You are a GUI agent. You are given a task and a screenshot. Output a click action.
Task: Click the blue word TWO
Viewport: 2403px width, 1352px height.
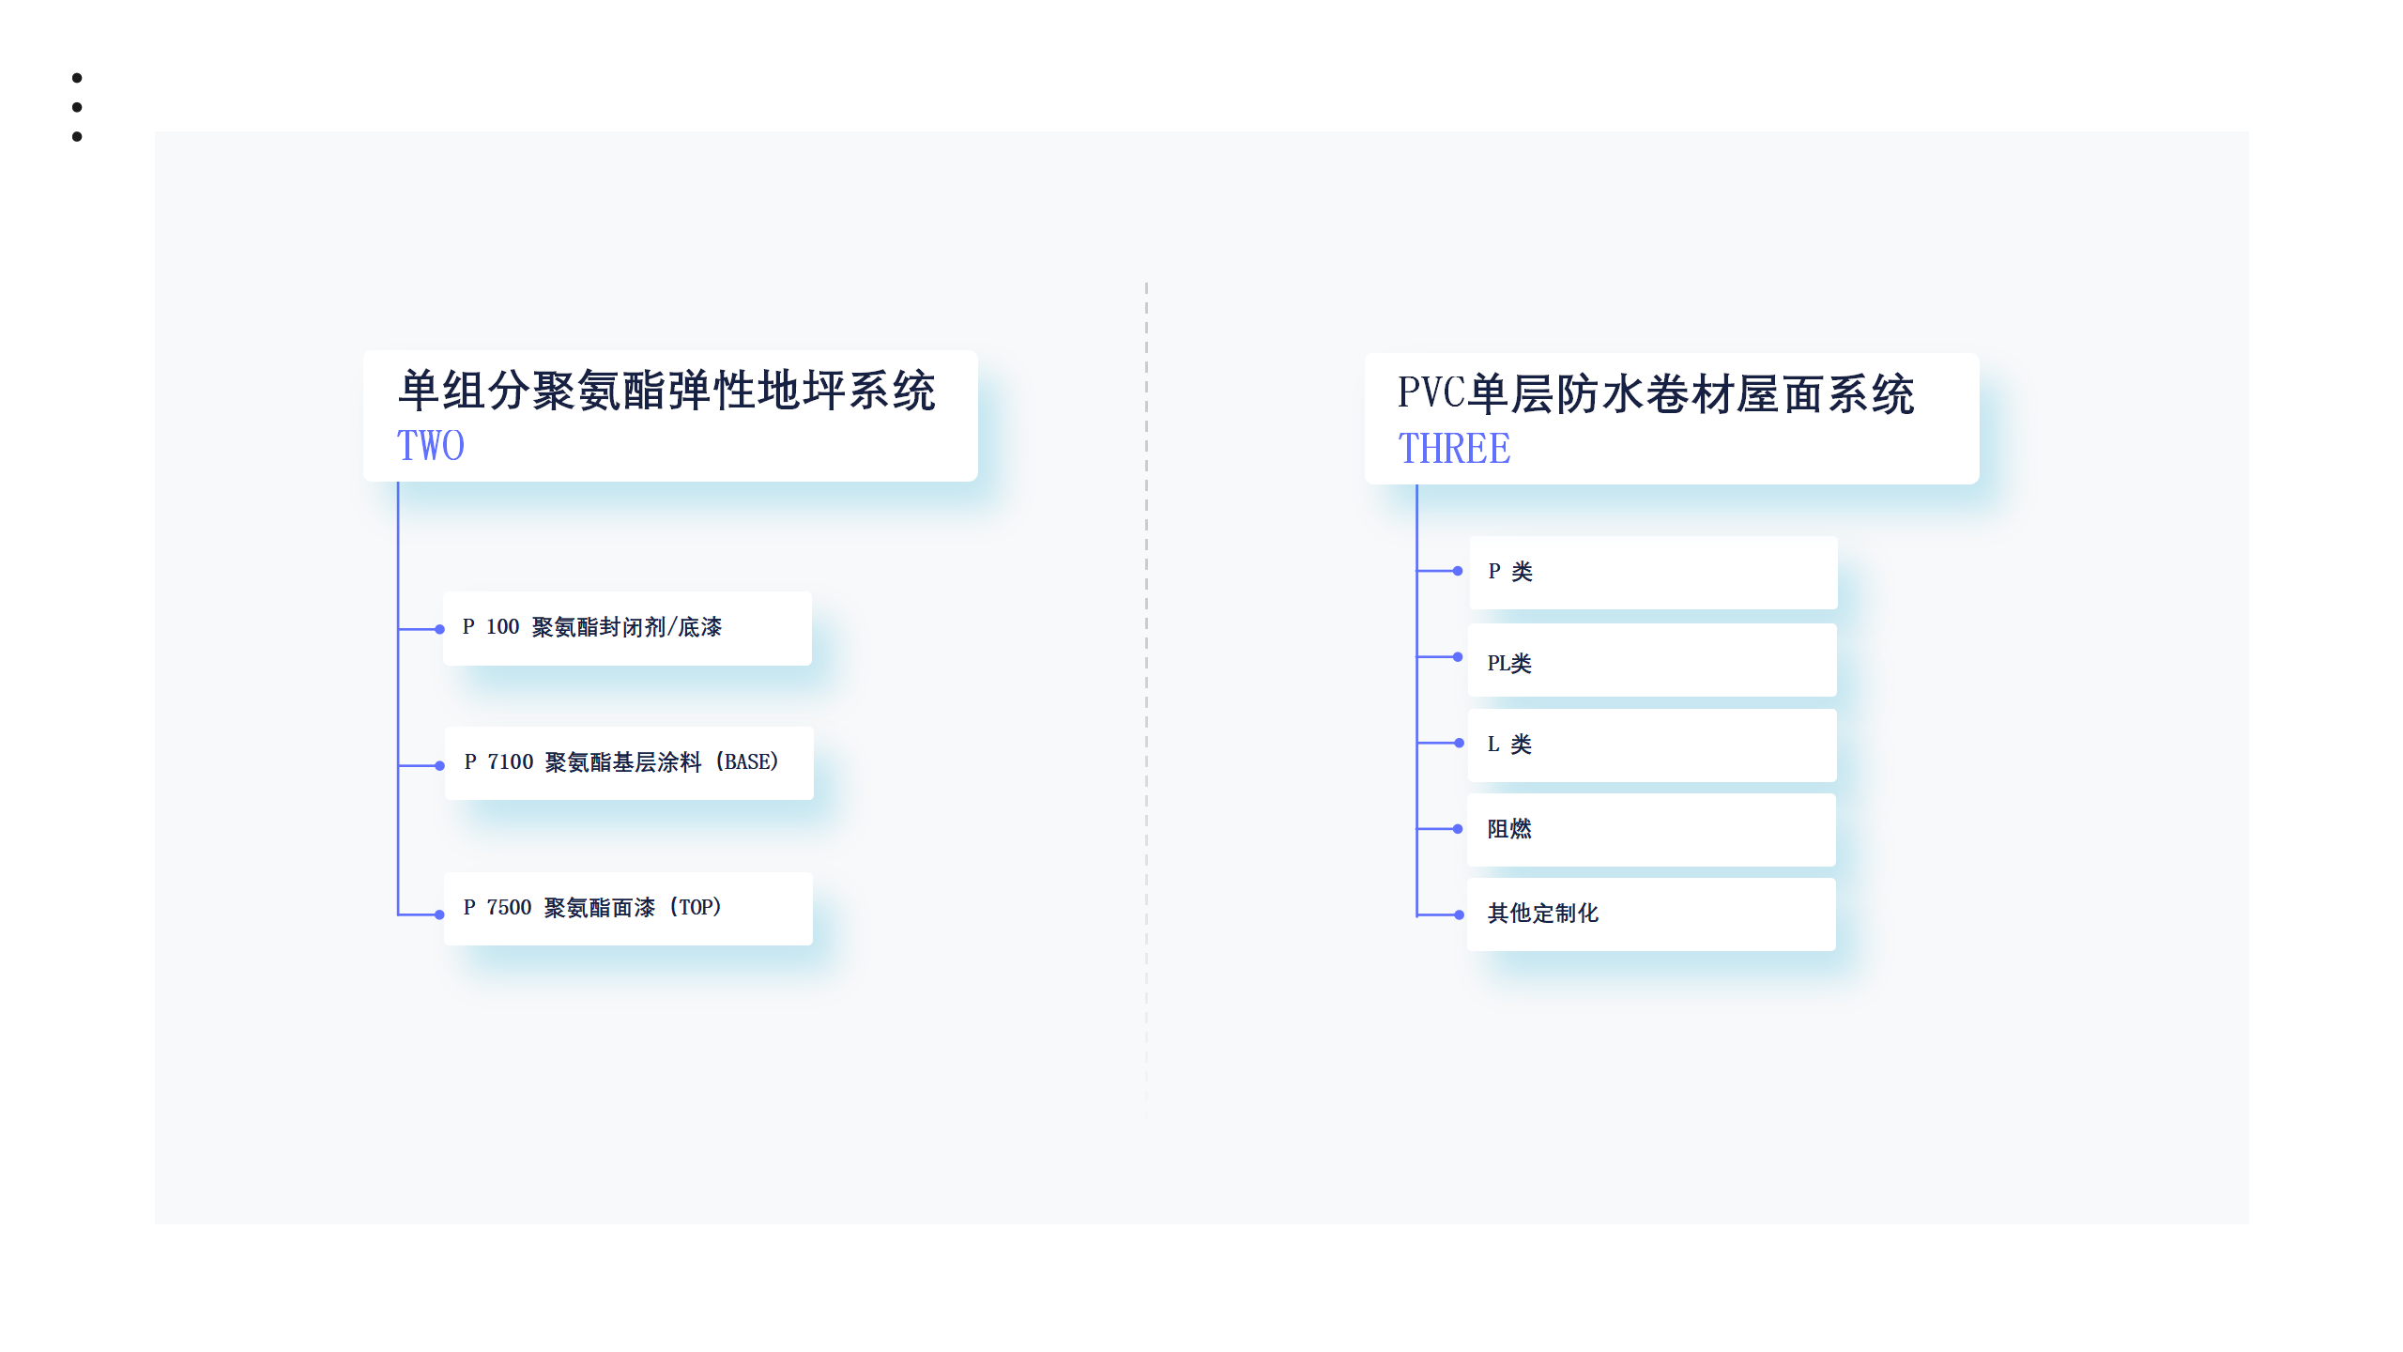(x=431, y=446)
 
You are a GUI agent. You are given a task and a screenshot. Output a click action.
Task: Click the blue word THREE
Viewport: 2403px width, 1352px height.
(x=1454, y=449)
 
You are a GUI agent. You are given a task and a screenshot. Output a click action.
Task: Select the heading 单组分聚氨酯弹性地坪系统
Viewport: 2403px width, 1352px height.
(x=666, y=391)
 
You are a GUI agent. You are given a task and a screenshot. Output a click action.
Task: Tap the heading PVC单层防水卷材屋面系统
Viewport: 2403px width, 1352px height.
(x=1656, y=393)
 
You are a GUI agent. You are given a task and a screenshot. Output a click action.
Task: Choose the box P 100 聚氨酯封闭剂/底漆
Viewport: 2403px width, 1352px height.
(x=627, y=628)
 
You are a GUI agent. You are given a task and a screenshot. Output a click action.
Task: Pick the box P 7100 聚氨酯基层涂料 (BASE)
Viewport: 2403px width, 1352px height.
(x=629, y=762)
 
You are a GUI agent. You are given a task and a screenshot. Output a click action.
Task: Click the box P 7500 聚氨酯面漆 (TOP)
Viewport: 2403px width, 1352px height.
(x=628, y=908)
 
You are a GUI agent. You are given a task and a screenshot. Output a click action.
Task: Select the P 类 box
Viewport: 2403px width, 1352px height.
(x=1653, y=572)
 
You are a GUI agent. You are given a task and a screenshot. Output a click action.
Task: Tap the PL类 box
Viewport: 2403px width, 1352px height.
(x=1652, y=660)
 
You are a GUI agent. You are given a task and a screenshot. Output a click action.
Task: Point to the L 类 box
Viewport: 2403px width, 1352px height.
(x=1652, y=745)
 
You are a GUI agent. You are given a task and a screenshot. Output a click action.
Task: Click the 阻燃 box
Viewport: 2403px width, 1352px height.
(x=1651, y=829)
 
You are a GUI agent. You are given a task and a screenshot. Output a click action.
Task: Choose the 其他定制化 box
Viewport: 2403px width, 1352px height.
(x=1651, y=914)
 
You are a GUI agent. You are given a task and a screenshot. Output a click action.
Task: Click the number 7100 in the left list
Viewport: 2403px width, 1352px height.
(x=510, y=762)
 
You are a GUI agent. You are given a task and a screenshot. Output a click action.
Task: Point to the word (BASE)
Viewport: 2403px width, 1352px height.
(x=747, y=762)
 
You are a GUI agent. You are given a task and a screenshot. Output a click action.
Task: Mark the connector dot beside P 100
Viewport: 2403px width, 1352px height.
(x=439, y=629)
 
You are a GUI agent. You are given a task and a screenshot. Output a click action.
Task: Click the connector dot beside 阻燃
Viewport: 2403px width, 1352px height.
(x=1458, y=829)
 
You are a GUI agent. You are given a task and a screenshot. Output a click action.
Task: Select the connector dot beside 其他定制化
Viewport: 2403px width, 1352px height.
(x=1459, y=914)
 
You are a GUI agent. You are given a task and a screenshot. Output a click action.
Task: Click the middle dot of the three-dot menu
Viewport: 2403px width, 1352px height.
(x=77, y=107)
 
